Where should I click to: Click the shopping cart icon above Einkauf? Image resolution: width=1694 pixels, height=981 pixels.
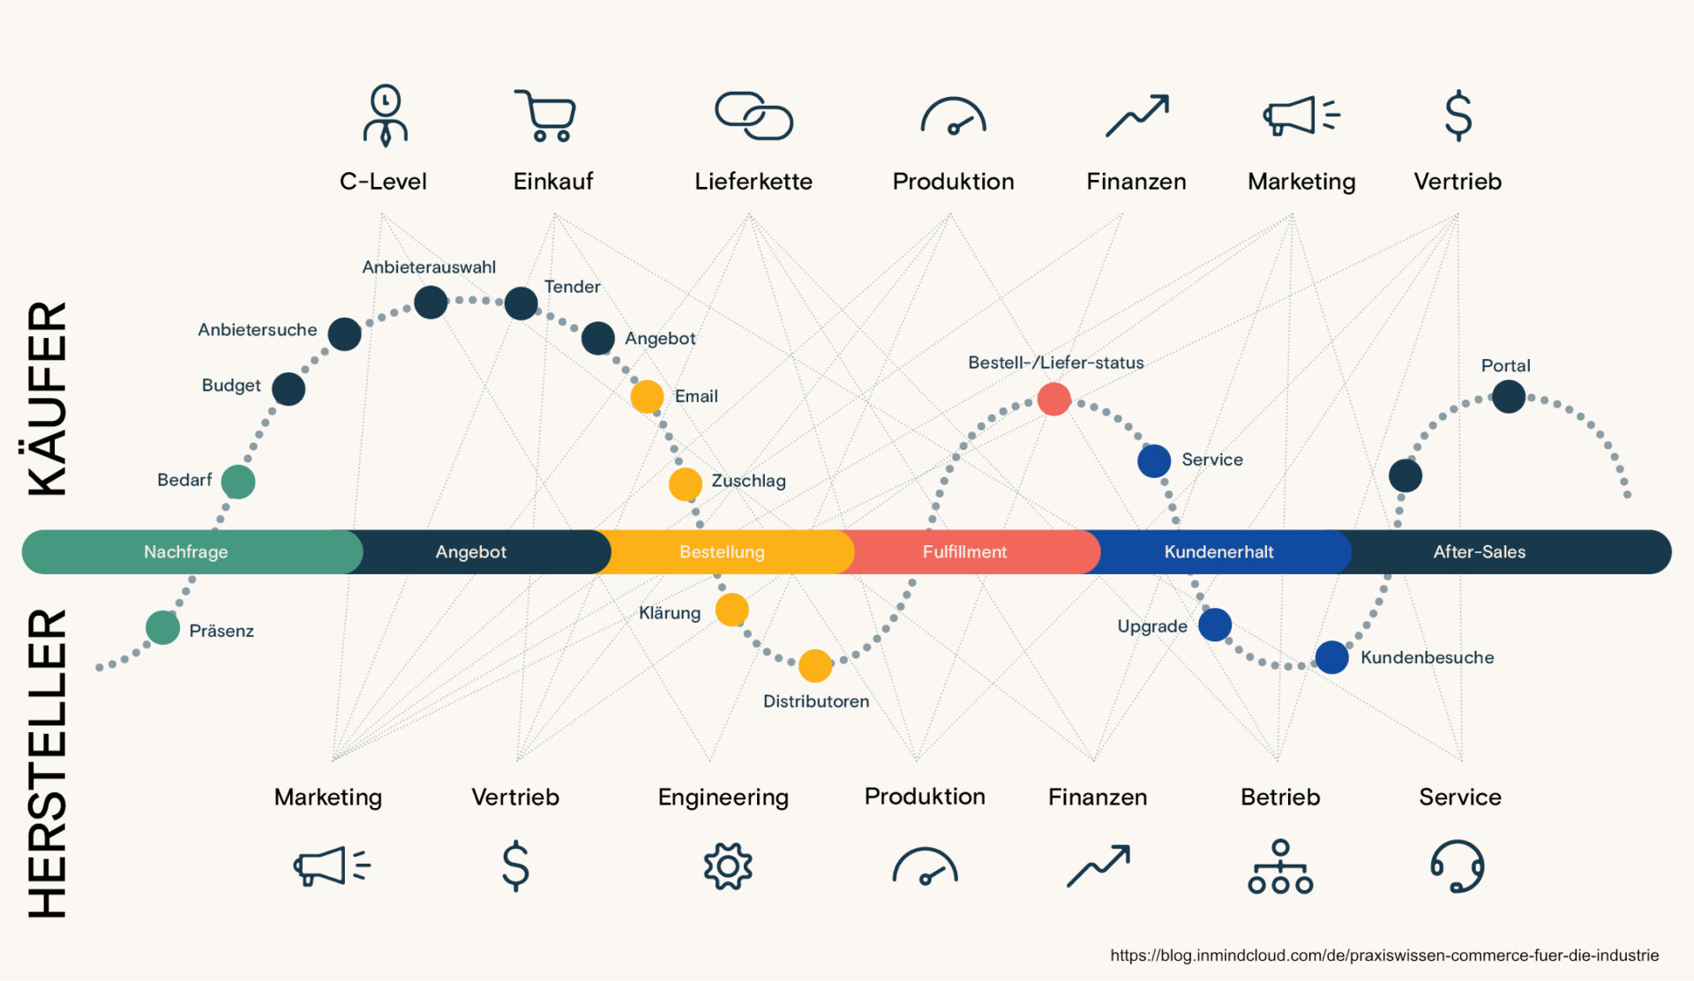click(545, 116)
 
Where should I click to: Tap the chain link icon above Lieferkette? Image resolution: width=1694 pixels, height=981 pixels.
click(753, 116)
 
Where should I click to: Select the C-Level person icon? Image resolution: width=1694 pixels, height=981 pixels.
click(385, 115)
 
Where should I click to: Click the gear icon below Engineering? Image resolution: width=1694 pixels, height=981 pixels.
click(728, 866)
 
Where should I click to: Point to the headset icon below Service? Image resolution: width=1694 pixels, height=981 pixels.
click(1457, 866)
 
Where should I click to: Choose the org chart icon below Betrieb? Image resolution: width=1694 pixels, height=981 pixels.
click(1280, 866)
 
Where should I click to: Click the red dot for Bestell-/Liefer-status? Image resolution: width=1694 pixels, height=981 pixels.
click(1053, 399)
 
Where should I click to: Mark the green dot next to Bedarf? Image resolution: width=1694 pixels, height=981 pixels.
click(238, 482)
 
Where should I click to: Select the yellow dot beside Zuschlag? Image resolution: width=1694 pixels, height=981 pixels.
click(686, 484)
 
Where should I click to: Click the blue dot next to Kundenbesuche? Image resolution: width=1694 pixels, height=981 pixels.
click(1331, 657)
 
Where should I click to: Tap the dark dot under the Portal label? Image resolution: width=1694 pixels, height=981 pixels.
click(1509, 396)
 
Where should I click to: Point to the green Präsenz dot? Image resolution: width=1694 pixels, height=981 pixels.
click(162, 628)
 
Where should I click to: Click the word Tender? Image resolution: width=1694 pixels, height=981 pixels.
click(572, 287)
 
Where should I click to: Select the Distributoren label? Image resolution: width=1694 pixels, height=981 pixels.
click(816, 701)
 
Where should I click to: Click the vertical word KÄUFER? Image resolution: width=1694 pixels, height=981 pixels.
click(48, 399)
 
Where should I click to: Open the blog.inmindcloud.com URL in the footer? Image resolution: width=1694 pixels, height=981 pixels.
click(1384, 955)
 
